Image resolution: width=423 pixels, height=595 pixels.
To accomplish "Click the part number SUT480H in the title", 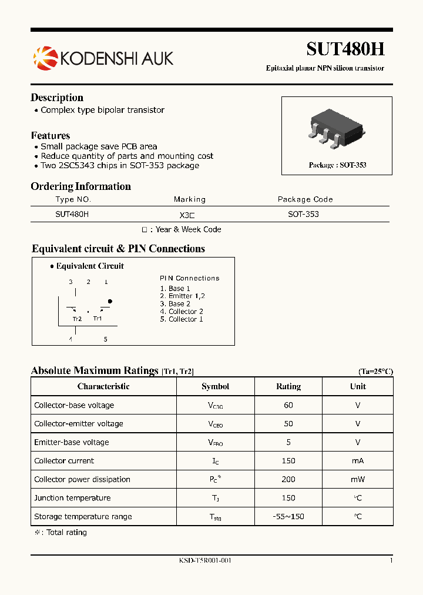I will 345,49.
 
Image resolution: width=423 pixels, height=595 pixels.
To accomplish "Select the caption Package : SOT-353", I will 337,165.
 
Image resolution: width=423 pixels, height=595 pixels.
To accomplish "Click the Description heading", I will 57,98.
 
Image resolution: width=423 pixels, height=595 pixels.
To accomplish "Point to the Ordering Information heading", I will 80,186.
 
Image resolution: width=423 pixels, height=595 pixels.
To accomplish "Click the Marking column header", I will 190,199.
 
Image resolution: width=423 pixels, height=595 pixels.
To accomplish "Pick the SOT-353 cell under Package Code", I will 303,214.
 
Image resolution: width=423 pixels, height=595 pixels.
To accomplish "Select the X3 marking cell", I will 187,215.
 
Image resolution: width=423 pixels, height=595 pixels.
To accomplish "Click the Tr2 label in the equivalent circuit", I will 77,319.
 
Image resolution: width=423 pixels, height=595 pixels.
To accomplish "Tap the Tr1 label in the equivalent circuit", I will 98,319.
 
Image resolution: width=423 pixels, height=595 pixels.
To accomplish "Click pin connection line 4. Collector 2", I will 182,312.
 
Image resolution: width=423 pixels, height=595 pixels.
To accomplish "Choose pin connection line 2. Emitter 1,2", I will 182,296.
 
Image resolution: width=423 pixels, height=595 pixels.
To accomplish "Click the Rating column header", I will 288,386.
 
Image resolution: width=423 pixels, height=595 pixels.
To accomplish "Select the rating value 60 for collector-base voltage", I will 288,405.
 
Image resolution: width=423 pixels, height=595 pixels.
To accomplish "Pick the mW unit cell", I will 358,479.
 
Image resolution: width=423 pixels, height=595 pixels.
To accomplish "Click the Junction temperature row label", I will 72,498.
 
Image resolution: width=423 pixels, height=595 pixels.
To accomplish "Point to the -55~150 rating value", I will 288,517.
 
